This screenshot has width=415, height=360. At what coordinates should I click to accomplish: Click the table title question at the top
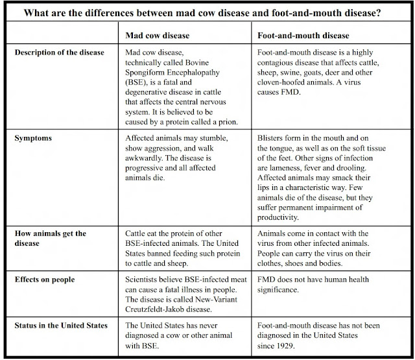(x=207, y=12)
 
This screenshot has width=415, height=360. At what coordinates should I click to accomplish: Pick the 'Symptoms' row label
(x=34, y=138)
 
